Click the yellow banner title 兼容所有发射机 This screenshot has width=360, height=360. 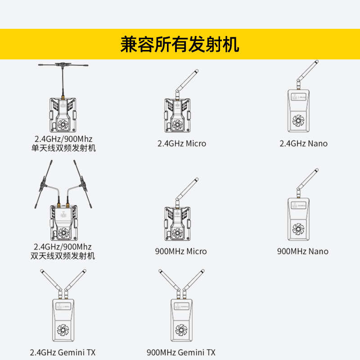[180, 44]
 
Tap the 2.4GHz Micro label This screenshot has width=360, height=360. [182, 144]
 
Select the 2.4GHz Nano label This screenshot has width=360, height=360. [303, 144]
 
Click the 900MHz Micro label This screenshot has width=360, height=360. [181, 251]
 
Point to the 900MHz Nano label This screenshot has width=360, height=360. [302, 251]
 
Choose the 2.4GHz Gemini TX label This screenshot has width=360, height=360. [63, 352]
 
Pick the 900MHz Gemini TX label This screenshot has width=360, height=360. [181, 352]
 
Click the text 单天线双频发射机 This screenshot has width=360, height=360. [63, 148]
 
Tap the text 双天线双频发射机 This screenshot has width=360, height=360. [63, 256]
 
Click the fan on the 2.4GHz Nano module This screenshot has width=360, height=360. [297, 120]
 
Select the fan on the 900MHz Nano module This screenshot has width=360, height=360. [297, 228]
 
